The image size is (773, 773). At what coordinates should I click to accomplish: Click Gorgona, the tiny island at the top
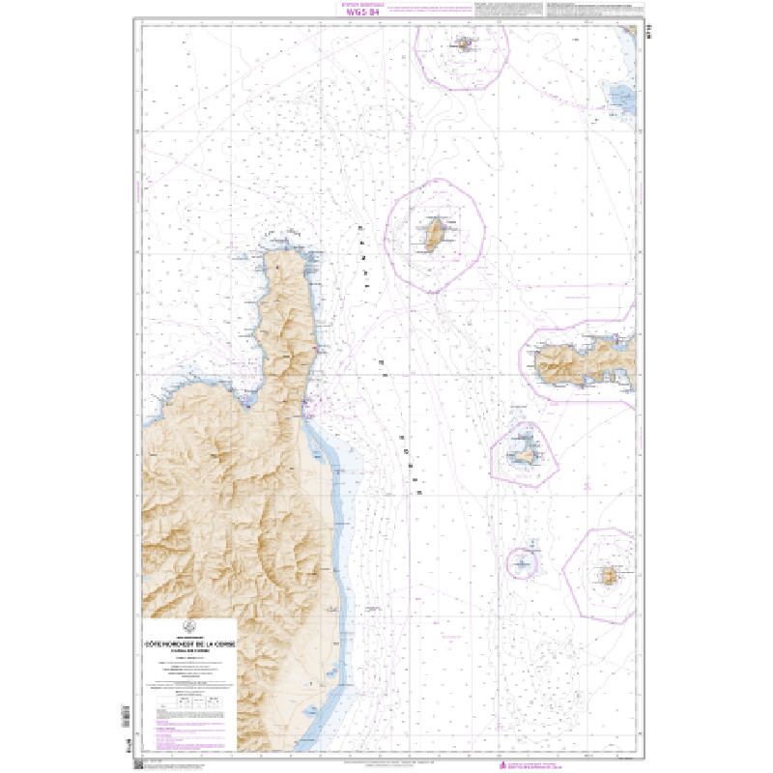466,43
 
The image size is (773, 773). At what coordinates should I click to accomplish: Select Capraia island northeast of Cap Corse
434,232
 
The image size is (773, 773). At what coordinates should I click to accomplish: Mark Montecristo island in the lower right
609,577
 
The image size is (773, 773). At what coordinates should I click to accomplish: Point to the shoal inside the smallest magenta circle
522,561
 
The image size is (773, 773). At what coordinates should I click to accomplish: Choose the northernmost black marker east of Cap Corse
360,228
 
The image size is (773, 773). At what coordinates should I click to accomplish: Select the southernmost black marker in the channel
419,493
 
